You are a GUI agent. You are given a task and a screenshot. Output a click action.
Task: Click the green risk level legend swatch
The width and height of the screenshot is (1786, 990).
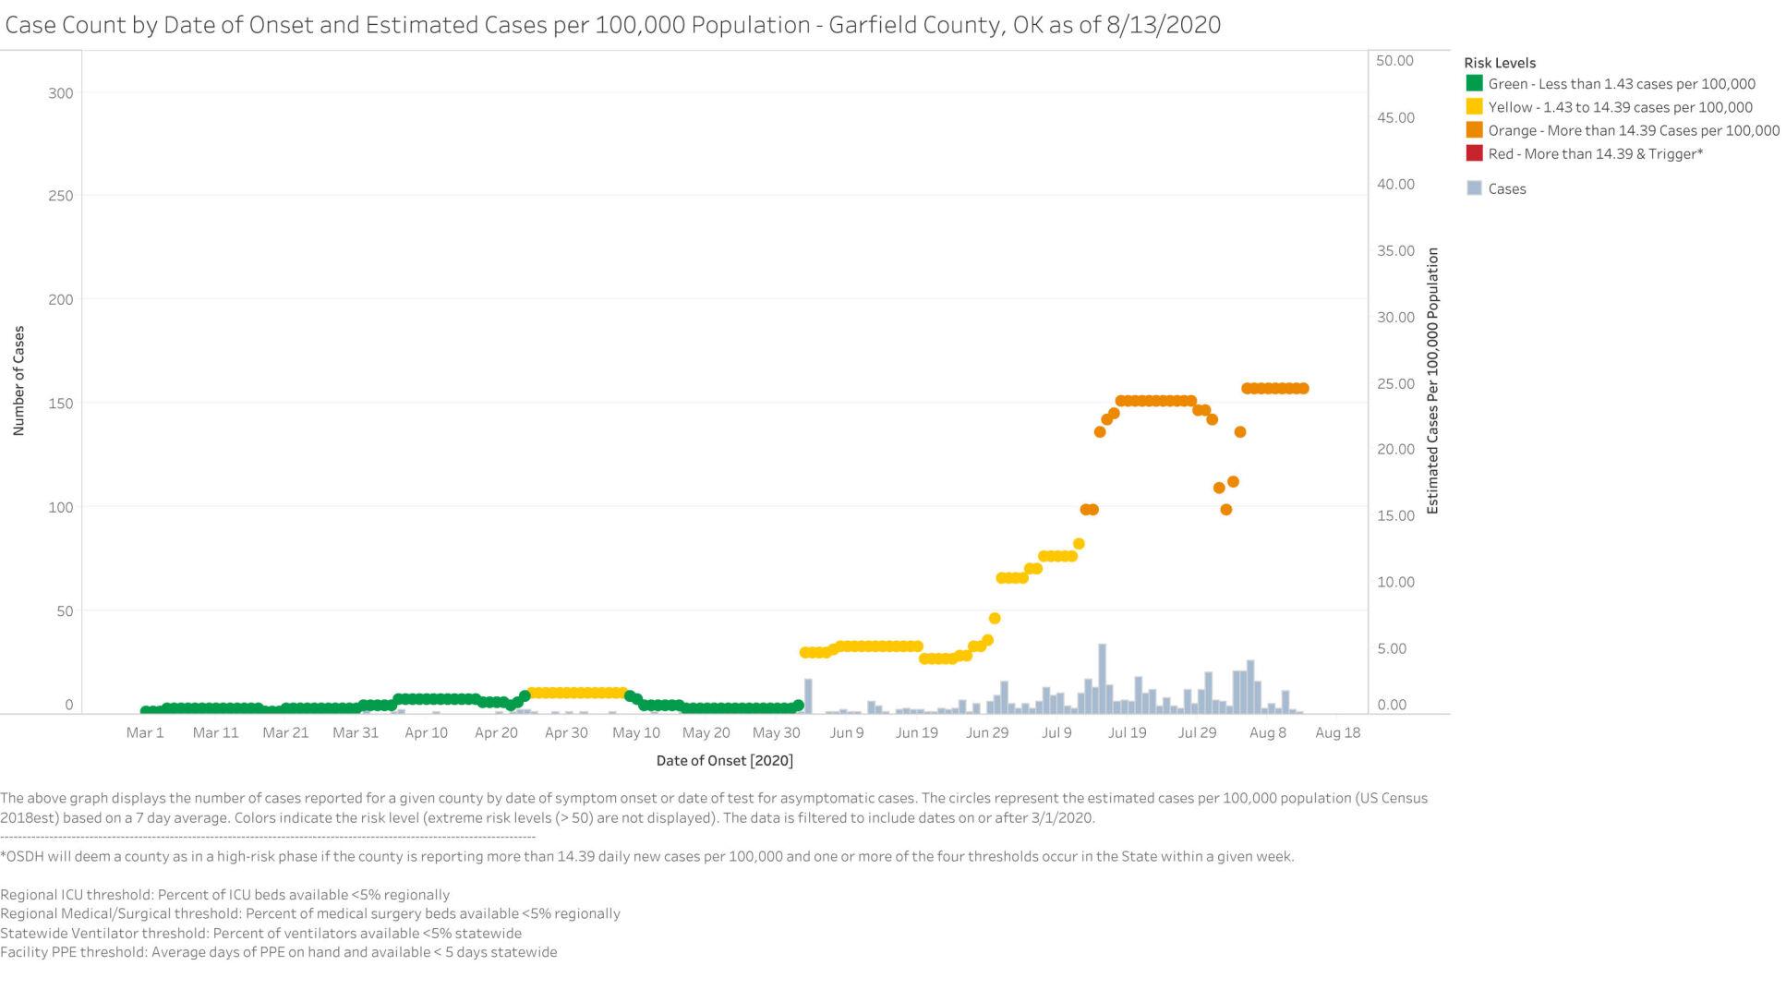click(1474, 84)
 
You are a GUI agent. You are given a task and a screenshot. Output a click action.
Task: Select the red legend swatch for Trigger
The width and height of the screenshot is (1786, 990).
click(1474, 153)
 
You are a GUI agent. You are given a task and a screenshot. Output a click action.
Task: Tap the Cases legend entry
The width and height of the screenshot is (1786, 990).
click(1506, 188)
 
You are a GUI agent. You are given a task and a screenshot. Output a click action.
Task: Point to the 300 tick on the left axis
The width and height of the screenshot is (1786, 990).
click(61, 93)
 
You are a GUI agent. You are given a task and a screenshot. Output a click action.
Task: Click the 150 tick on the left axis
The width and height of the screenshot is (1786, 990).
click(61, 404)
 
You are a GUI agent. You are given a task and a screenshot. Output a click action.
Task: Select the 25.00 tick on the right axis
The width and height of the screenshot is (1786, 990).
click(1394, 383)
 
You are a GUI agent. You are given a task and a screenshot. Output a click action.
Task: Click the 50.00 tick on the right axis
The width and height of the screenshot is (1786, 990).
click(1394, 61)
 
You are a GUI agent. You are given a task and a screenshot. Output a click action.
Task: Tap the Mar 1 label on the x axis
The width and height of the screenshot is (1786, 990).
click(145, 732)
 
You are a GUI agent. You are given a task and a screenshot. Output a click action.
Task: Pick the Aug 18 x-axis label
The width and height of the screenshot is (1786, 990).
click(1337, 732)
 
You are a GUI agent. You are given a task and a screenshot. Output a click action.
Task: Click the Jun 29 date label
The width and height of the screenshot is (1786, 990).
click(987, 732)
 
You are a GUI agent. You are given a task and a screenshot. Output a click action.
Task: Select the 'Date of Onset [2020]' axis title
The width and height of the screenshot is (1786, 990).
click(724, 761)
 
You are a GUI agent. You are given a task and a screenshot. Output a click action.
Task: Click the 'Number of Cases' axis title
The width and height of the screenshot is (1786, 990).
click(18, 380)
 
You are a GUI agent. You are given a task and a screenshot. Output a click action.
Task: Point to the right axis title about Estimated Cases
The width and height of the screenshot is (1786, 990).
click(1432, 380)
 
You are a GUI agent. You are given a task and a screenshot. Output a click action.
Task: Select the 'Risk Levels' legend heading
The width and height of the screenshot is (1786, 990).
click(1500, 63)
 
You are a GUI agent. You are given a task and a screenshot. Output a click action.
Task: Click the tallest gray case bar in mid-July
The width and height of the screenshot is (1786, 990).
click(1102, 679)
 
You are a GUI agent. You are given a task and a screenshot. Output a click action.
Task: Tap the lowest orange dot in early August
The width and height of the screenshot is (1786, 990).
click(1226, 510)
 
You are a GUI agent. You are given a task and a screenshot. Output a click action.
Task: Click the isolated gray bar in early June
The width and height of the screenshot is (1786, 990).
click(808, 696)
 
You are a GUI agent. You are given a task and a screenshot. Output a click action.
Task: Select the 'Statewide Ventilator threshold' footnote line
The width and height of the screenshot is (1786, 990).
click(260, 933)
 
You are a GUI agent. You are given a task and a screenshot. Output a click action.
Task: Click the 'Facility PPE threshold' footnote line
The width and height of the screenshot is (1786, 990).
click(278, 952)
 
